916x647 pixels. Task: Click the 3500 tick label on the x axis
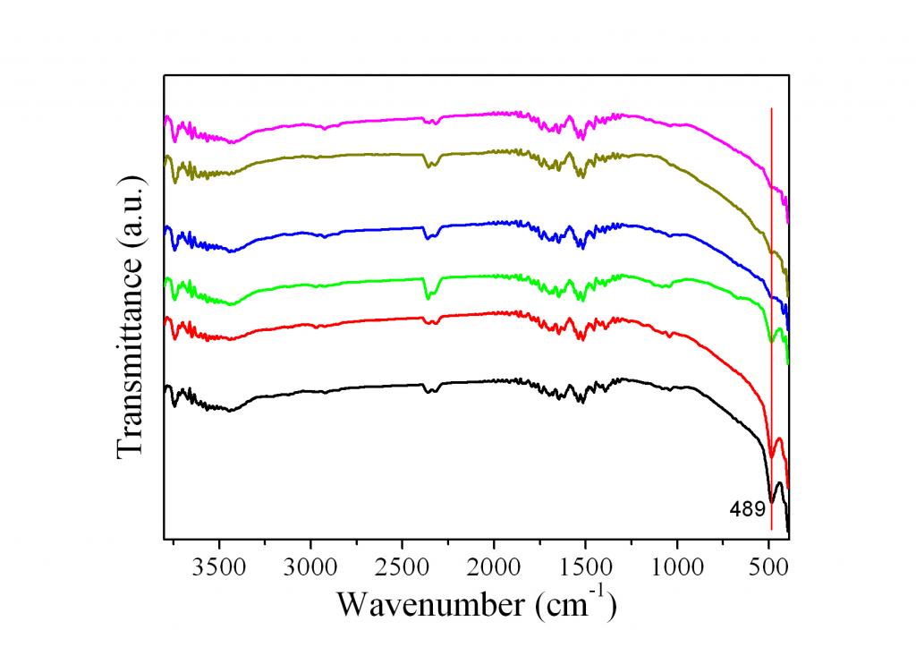point(218,566)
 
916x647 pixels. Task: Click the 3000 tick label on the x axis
point(310,566)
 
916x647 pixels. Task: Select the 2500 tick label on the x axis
point(402,566)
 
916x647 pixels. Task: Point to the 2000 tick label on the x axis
point(494,566)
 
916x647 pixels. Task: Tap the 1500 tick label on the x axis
point(585,566)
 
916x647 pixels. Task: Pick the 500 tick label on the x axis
point(768,566)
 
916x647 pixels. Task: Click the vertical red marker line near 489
point(771,268)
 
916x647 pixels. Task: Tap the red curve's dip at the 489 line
point(772,457)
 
